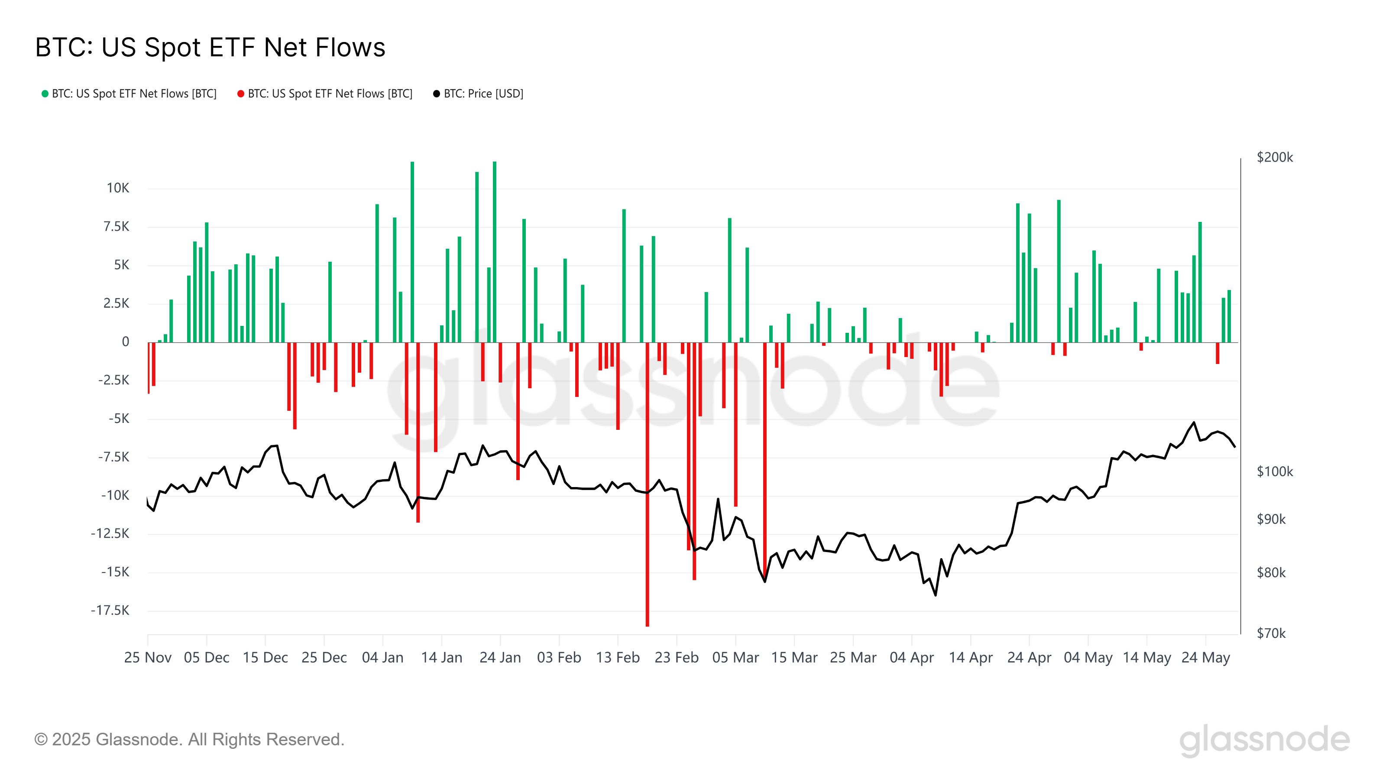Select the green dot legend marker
[x=45, y=94]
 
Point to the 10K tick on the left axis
[x=118, y=188]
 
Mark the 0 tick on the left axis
[x=125, y=342]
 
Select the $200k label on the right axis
[x=1274, y=157]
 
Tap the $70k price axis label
[x=1270, y=633]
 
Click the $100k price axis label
[x=1274, y=471]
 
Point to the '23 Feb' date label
[x=676, y=658]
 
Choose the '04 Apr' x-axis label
[x=911, y=658]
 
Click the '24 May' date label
[x=1205, y=658]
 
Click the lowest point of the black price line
[x=935, y=595]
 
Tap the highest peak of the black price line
[x=1194, y=422]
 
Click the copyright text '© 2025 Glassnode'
[x=189, y=740]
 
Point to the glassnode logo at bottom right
[x=1264, y=740]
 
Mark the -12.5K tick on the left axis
[x=110, y=534]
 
